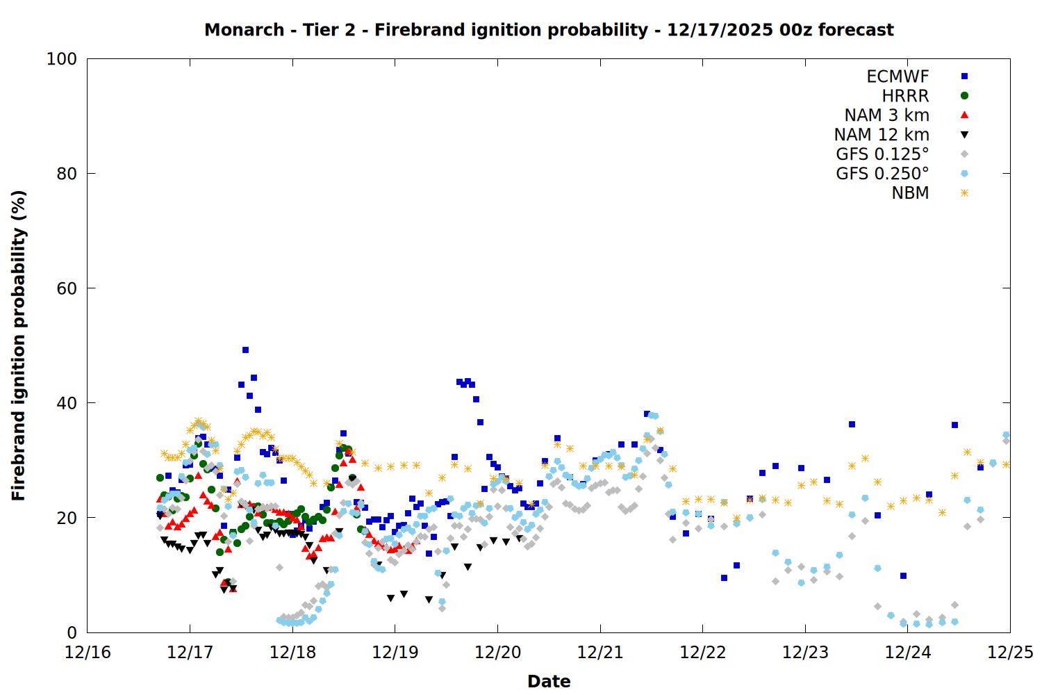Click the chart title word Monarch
[x=244, y=30]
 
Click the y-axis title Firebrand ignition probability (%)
[x=19, y=345]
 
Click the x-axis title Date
[x=549, y=681]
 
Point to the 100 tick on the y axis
[x=62, y=59]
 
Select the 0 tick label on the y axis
[x=71, y=632]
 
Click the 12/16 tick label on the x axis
[x=88, y=653]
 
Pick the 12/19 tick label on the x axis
[x=395, y=653]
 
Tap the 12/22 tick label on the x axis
[x=703, y=653]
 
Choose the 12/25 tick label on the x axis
[x=1010, y=653]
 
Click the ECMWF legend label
[x=898, y=76]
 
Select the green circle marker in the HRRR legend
[x=964, y=96]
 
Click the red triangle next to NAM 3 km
[x=964, y=115]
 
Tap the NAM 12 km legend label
[x=882, y=135]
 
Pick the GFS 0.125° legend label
[x=882, y=154]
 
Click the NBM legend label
[x=910, y=193]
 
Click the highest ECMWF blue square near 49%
[x=245, y=350]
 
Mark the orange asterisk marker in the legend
[x=964, y=193]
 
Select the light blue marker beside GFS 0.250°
[x=964, y=174]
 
